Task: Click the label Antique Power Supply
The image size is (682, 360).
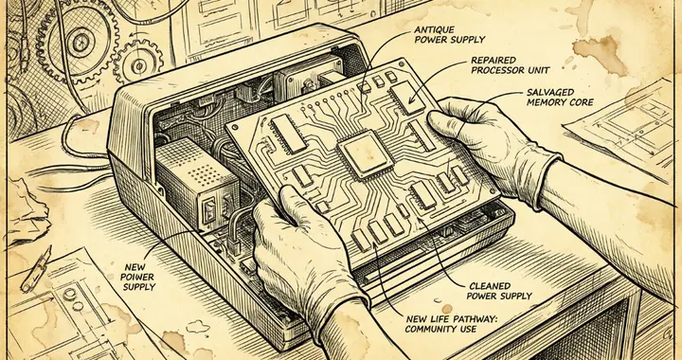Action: tap(449, 35)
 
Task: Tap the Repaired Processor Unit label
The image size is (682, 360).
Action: tap(511, 65)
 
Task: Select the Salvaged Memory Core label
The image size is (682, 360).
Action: tap(560, 98)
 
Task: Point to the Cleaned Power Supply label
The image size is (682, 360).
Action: tap(499, 291)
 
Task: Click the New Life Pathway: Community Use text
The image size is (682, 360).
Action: tap(451, 324)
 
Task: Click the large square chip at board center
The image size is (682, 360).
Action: tap(366, 154)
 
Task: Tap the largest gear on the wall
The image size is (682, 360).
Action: tap(79, 43)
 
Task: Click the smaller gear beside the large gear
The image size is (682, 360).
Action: tap(137, 63)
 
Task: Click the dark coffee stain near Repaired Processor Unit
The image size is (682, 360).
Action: tap(600, 54)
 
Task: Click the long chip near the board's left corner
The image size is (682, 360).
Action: tap(289, 134)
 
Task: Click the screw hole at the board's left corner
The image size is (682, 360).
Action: tap(235, 127)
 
